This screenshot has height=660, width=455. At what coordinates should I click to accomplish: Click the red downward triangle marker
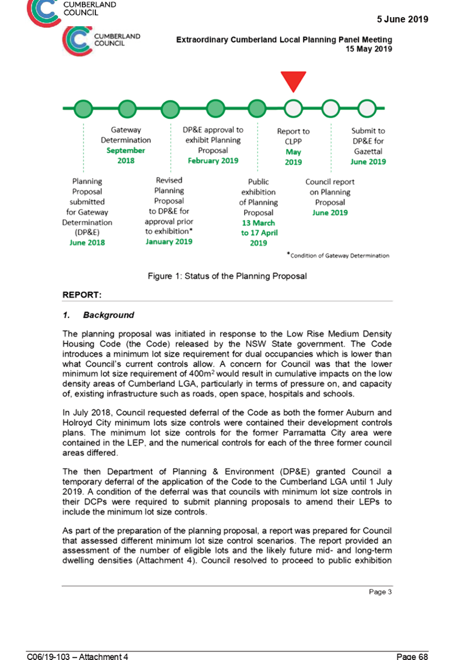pyautogui.click(x=293, y=80)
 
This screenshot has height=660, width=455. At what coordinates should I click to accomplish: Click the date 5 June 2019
pyautogui.click(x=402, y=19)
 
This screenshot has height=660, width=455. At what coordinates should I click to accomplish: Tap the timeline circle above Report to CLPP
pyautogui.click(x=293, y=108)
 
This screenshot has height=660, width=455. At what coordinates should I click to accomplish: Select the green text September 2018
pyautogui.click(x=126, y=155)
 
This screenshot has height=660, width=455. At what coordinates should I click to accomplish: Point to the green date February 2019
pyautogui.click(x=213, y=161)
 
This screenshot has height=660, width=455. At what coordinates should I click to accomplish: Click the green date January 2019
pyautogui.click(x=169, y=242)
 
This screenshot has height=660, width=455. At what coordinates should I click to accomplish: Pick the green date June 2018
pyautogui.click(x=87, y=242)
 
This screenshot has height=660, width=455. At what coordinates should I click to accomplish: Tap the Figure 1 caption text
pyautogui.click(x=227, y=276)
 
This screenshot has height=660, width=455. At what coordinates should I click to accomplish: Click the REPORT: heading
pyautogui.click(x=82, y=295)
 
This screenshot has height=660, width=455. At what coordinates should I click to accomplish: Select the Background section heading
pyautogui.click(x=109, y=315)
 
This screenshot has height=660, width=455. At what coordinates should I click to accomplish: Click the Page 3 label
pyautogui.click(x=381, y=592)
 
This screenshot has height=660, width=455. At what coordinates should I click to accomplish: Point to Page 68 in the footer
pyautogui.click(x=412, y=656)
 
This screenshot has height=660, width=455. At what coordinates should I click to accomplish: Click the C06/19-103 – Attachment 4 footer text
pyautogui.click(x=77, y=656)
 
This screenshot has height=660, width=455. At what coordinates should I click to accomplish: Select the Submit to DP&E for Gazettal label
pyautogui.click(x=368, y=141)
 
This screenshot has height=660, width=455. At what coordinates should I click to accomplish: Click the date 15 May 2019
pyautogui.click(x=369, y=49)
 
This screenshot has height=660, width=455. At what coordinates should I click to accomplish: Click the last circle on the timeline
pyautogui.click(x=367, y=108)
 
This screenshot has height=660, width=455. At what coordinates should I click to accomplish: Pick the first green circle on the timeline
pyautogui.click(x=83, y=109)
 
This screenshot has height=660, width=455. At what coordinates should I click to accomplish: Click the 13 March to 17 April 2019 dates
pyautogui.click(x=259, y=233)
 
